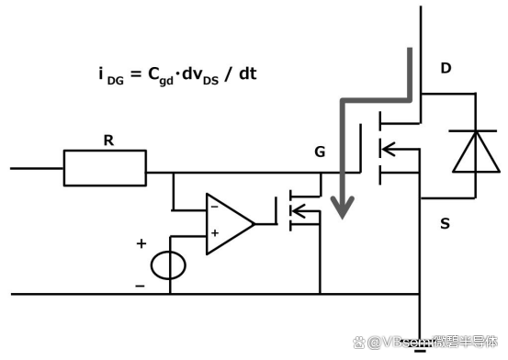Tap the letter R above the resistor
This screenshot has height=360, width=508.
(108, 141)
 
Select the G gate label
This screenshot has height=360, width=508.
(320, 152)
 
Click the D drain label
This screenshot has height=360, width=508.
(446, 68)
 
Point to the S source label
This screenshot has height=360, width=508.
(446, 223)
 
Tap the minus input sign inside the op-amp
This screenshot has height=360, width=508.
(214, 207)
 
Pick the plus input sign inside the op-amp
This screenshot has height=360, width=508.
(215, 232)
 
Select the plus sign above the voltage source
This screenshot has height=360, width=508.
(141, 243)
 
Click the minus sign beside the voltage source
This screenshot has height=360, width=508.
(140, 286)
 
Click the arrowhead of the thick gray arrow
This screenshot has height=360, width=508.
(343, 208)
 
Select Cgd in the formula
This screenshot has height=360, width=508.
(161, 76)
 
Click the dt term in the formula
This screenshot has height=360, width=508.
(248, 73)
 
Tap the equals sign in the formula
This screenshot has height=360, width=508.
(136, 74)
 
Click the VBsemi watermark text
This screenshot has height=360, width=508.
(425, 343)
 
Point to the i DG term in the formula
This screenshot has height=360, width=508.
(111, 76)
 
